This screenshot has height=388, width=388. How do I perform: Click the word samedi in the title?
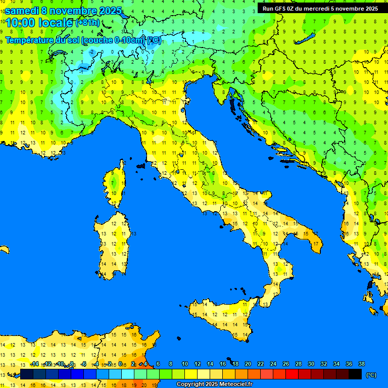click(x=22, y=11)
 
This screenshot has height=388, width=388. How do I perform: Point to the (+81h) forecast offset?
click(x=87, y=23)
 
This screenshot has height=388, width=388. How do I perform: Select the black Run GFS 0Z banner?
click(x=320, y=9)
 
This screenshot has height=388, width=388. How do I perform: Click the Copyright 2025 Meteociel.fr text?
click(x=214, y=384)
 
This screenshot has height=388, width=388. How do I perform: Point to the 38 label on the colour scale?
click(x=361, y=364)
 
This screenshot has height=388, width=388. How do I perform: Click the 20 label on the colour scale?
click(x=248, y=364)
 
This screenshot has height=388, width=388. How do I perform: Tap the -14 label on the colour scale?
click(x=34, y=364)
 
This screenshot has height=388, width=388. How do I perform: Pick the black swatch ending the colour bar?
click(x=355, y=374)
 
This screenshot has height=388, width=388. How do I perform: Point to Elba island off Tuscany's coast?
click(x=141, y=165)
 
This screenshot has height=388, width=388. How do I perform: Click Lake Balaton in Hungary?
click(x=307, y=39)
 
